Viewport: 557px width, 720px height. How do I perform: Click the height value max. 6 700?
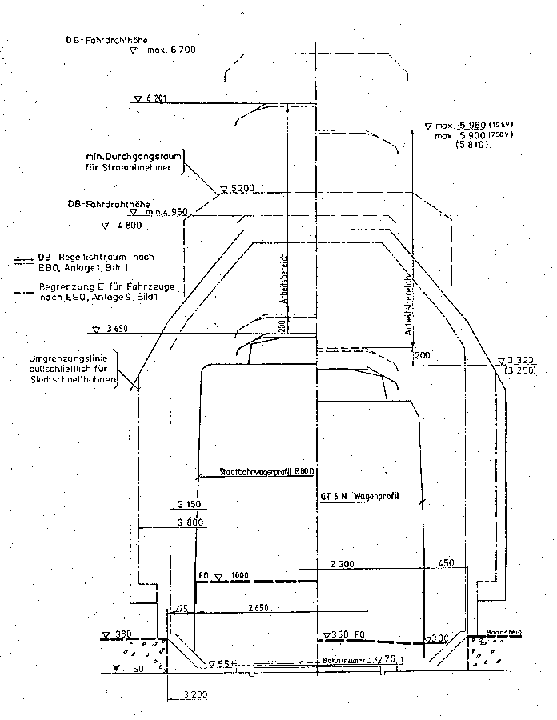[x=172, y=50]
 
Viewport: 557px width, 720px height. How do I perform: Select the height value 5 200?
[x=241, y=189]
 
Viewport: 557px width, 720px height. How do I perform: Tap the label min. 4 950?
[x=171, y=212]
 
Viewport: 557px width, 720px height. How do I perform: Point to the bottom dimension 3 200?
[x=195, y=694]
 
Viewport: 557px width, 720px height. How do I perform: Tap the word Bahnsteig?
[x=504, y=632]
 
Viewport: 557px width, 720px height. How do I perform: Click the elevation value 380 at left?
[x=122, y=634]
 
